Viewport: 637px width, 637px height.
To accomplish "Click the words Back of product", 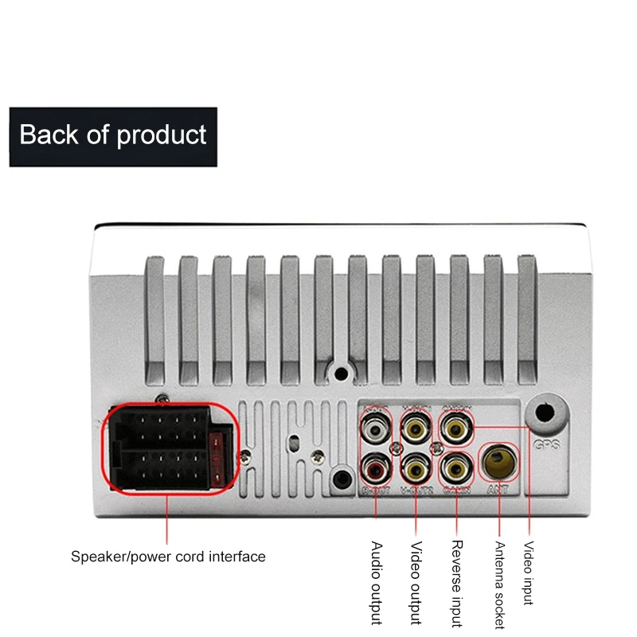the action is [113, 135].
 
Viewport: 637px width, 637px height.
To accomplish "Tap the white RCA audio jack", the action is [376, 430].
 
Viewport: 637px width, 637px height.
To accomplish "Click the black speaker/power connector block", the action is [167, 451].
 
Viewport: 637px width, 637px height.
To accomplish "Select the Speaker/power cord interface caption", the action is [168, 557].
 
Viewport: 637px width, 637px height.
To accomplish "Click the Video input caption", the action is [528, 573].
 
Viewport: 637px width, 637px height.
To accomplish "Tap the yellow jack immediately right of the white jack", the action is [416, 430].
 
